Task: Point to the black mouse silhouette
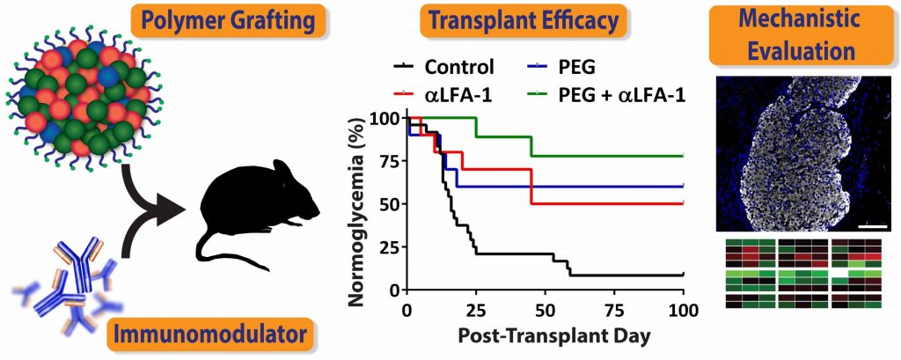255,198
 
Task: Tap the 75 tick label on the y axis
384,160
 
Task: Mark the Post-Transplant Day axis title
543,336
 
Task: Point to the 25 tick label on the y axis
384,246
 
